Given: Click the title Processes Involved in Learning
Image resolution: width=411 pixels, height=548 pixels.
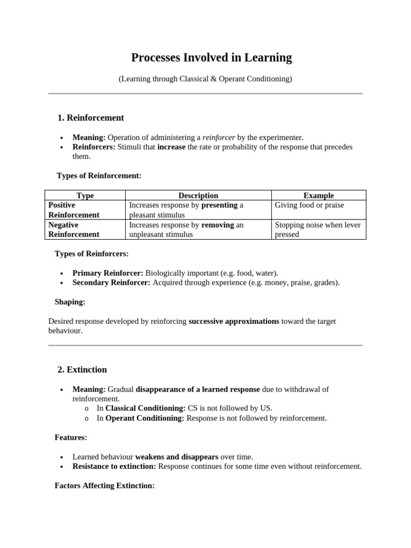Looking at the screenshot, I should [211, 58].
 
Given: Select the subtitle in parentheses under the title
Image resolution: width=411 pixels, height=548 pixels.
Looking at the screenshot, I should [205, 79].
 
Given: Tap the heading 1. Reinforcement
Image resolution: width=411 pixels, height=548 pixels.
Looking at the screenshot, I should [90, 118].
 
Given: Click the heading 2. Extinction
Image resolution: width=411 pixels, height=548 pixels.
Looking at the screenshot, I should [82, 370].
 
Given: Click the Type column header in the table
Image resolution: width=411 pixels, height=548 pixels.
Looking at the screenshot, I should [85, 195].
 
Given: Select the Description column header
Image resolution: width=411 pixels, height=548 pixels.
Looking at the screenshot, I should [198, 195].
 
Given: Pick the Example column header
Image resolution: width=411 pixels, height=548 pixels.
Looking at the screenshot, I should [318, 195].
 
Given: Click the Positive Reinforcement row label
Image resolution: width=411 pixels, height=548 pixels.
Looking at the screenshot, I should [74, 210].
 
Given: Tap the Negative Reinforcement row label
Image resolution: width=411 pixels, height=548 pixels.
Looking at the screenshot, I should [74, 230].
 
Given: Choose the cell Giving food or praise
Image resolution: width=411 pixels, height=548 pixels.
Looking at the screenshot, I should [309, 205].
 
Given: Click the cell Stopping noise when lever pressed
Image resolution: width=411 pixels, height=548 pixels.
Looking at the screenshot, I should [317, 230].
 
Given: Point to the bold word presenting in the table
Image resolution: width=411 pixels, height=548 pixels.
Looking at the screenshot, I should [219, 205].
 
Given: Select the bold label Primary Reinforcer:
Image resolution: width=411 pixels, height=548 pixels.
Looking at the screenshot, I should [108, 273].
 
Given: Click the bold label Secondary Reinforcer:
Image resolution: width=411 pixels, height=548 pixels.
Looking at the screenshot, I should [111, 283].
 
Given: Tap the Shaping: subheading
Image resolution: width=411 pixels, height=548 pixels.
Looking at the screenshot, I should [70, 302].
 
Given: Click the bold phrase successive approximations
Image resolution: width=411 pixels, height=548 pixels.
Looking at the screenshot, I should [234, 321].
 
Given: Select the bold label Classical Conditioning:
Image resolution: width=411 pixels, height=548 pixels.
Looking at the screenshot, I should [146, 408].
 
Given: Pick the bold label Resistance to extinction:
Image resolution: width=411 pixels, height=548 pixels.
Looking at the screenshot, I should [115, 466].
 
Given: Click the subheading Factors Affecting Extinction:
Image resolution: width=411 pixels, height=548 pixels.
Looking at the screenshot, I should [104, 486].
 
